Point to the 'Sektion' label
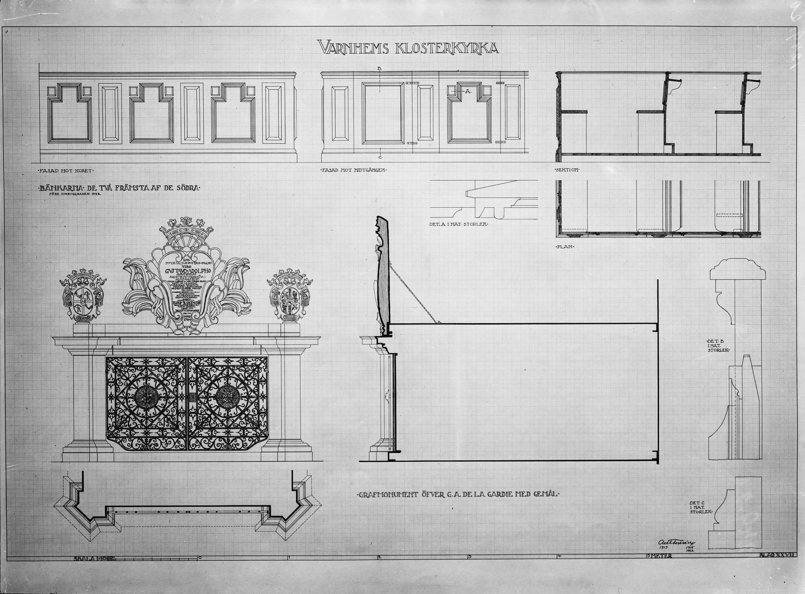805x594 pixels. [x=567, y=170]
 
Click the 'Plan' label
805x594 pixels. [x=565, y=247]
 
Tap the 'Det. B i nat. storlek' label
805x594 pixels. [x=718, y=345]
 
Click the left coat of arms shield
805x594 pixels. [x=83, y=296]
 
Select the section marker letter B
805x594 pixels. [x=379, y=68]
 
